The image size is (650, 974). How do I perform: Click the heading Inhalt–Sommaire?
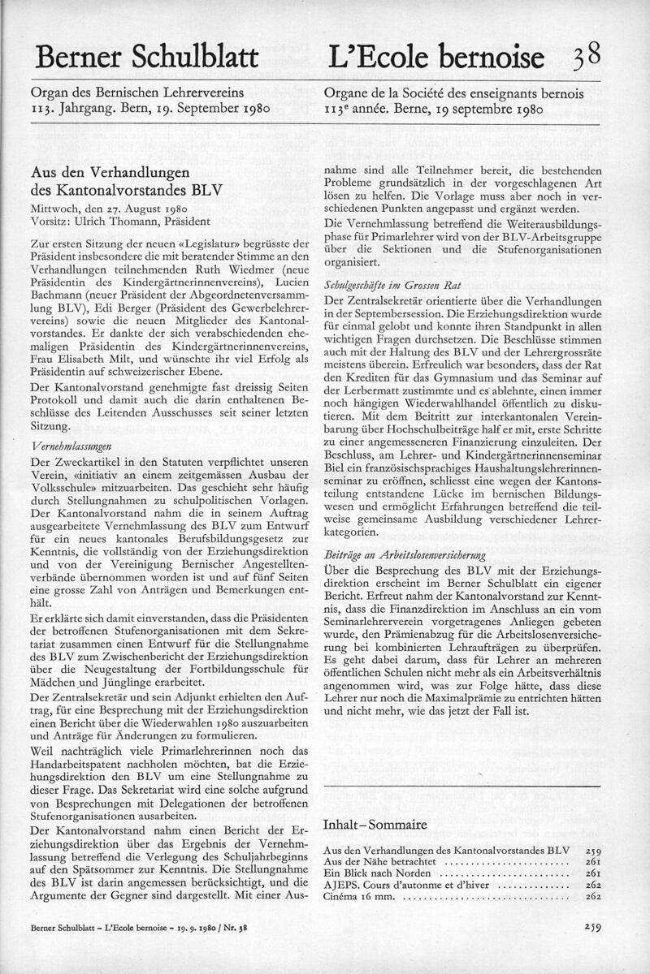tap(375, 825)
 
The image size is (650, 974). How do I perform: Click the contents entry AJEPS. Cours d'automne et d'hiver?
tap(415, 886)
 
